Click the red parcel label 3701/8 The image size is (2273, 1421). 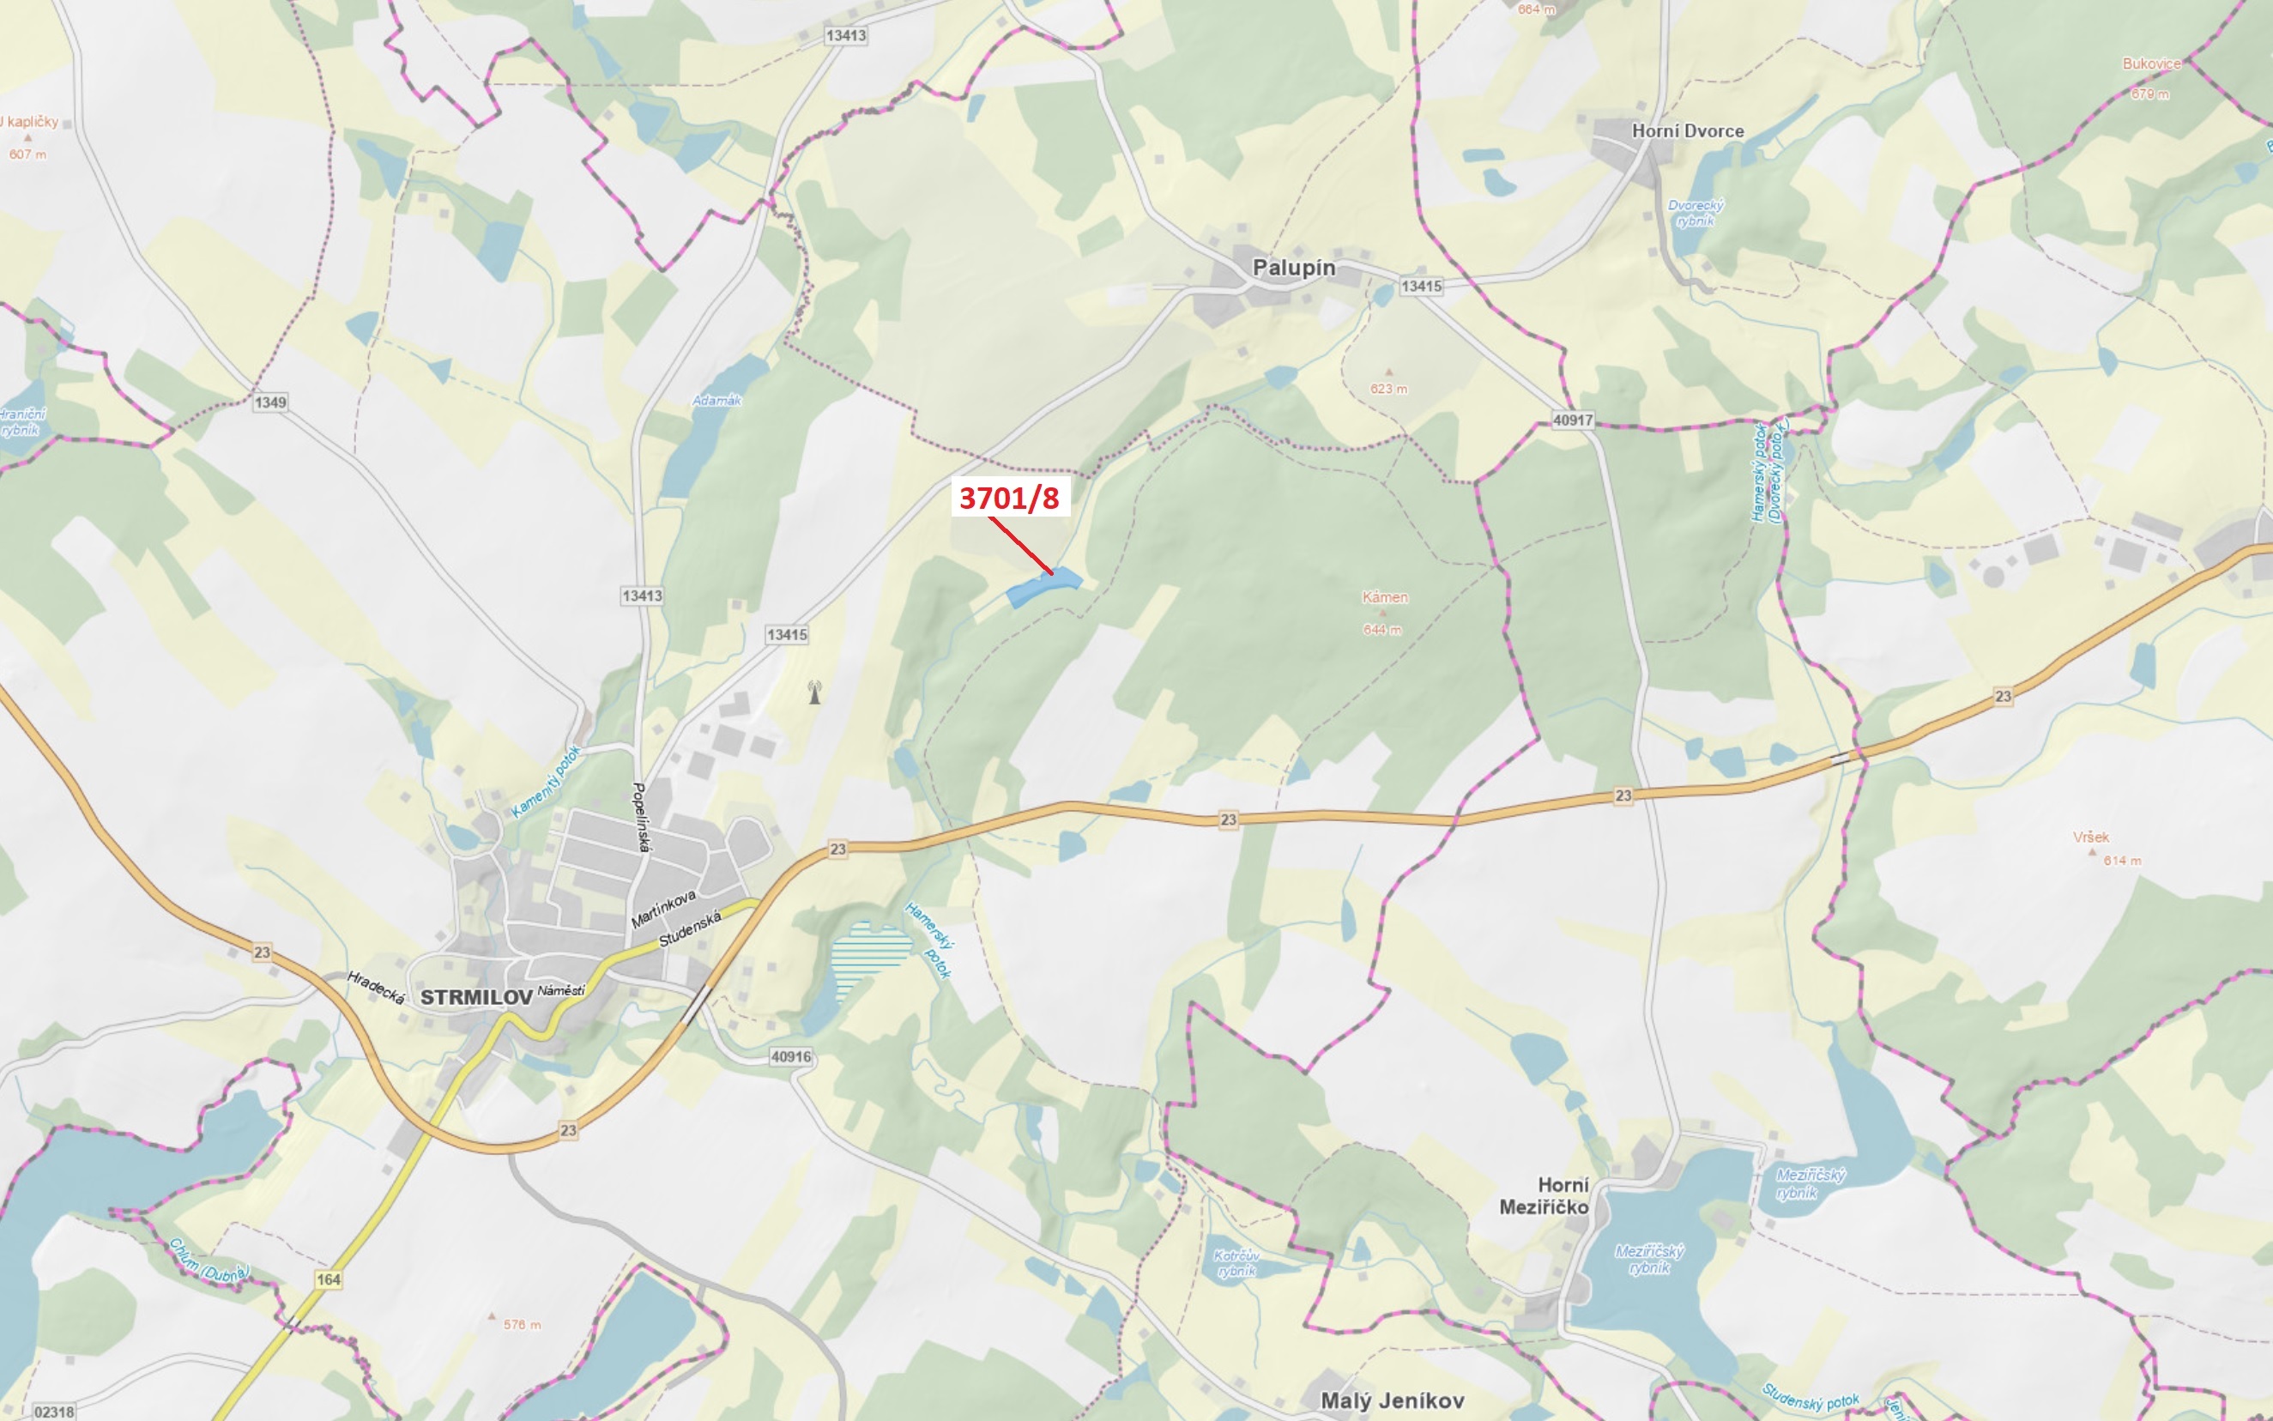pyautogui.click(x=1009, y=497)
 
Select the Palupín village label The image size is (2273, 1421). pyautogui.click(x=1293, y=268)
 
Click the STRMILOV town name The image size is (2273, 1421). pyautogui.click(x=475, y=997)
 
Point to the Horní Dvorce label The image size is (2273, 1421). pyautogui.click(x=1688, y=131)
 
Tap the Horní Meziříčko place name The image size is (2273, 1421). pyautogui.click(x=1544, y=1195)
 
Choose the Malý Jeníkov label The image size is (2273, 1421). pyautogui.click(x=1392, y=1400)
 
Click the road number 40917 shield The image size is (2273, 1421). pyautogui.click(x=1572, y=420)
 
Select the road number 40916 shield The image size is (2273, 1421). pyautogui.click(x=790, y=1056)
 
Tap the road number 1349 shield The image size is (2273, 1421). pyautogui.click(x=269, y=402)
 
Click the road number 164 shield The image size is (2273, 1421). pyautogui.click(x=328, y=1279)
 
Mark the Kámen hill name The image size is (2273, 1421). pyautogui.click(x=1384, y=596)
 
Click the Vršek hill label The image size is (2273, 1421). pyautogui.click(x=2091, y=837)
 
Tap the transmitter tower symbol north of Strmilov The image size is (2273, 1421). pyautogui.click(x=814, y=692)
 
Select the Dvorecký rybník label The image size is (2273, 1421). pyautogui.click(x=1696, y=214)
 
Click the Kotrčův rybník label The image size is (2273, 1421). pyautogui.click(x=1236, y=1263)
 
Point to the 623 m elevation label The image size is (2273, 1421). pyautogui.click(x=1387, y=388)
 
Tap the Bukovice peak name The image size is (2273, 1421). pyautogui.click(x=2151, y=63)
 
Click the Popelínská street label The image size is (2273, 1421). pyautogui.click(x=641, y=817)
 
